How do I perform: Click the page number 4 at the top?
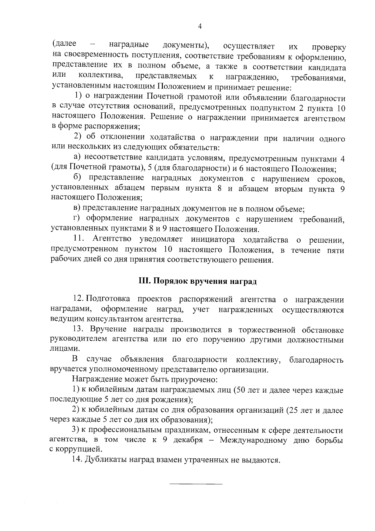click(200, 27)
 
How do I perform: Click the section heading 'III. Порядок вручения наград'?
click(197, 281)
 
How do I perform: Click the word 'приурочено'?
click(194, 380)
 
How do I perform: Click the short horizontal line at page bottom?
click(196, 485)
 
